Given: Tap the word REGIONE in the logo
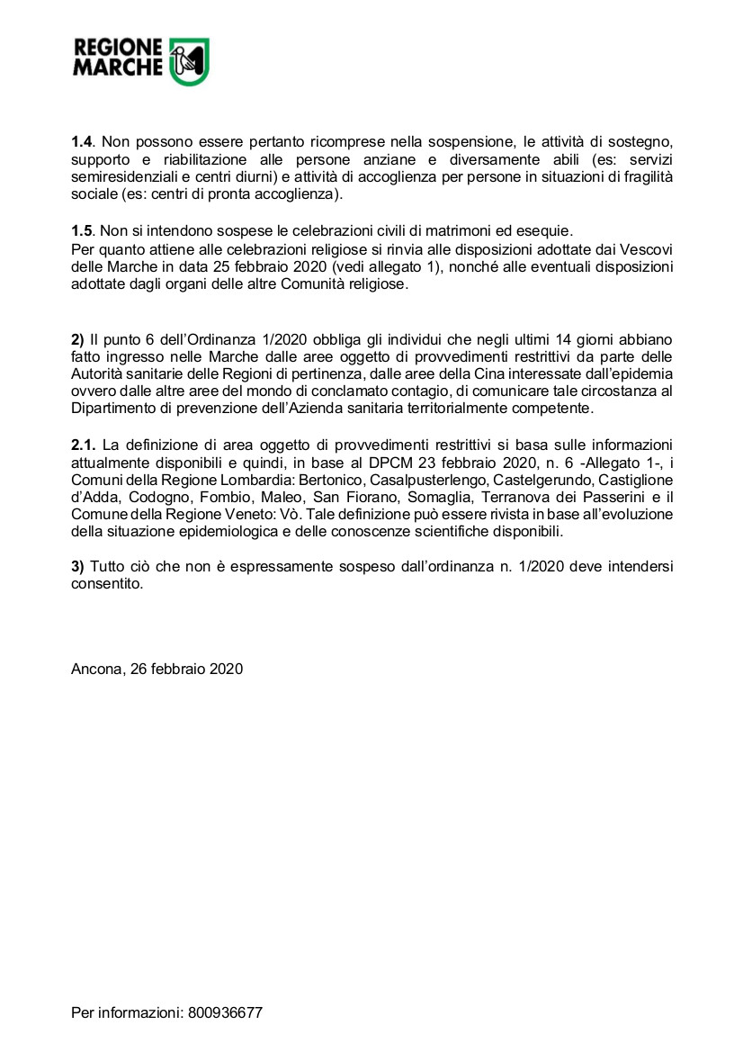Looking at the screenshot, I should click(x=117, y=49).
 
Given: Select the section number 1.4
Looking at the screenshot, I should click(x=83, y=142).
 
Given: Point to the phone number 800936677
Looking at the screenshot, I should click(x=225, y=1012).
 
